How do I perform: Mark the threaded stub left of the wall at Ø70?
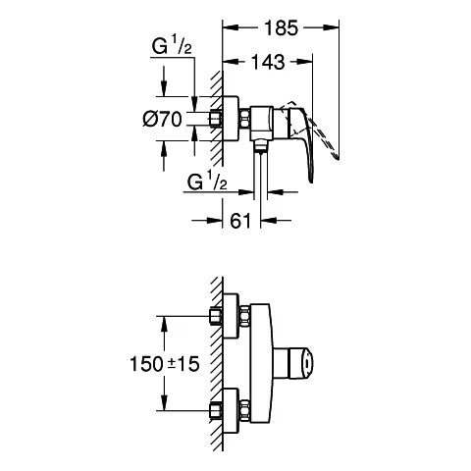point(216,120)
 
